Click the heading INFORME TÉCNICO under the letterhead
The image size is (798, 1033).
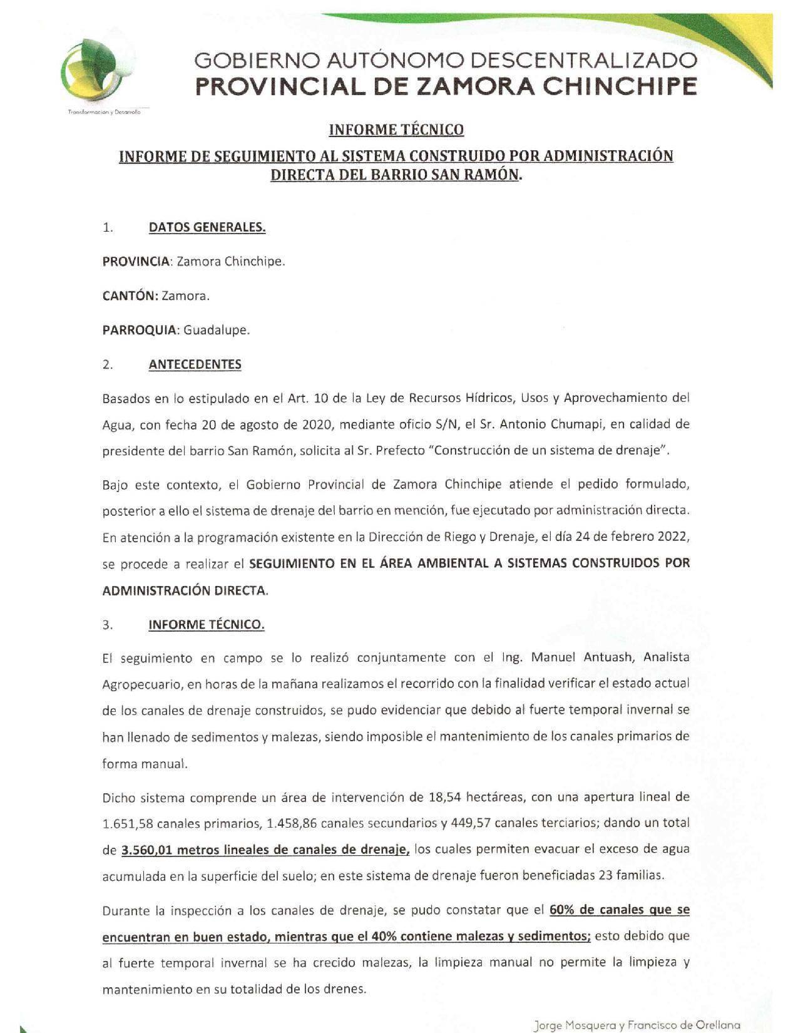(x=396, y=130)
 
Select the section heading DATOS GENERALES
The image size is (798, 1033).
(x=207, y=227)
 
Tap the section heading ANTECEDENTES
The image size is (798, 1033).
(x=195, y=364)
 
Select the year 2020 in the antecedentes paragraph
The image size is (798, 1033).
(x=320, y=424)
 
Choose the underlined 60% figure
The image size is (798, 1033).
(x=562, y=910)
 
